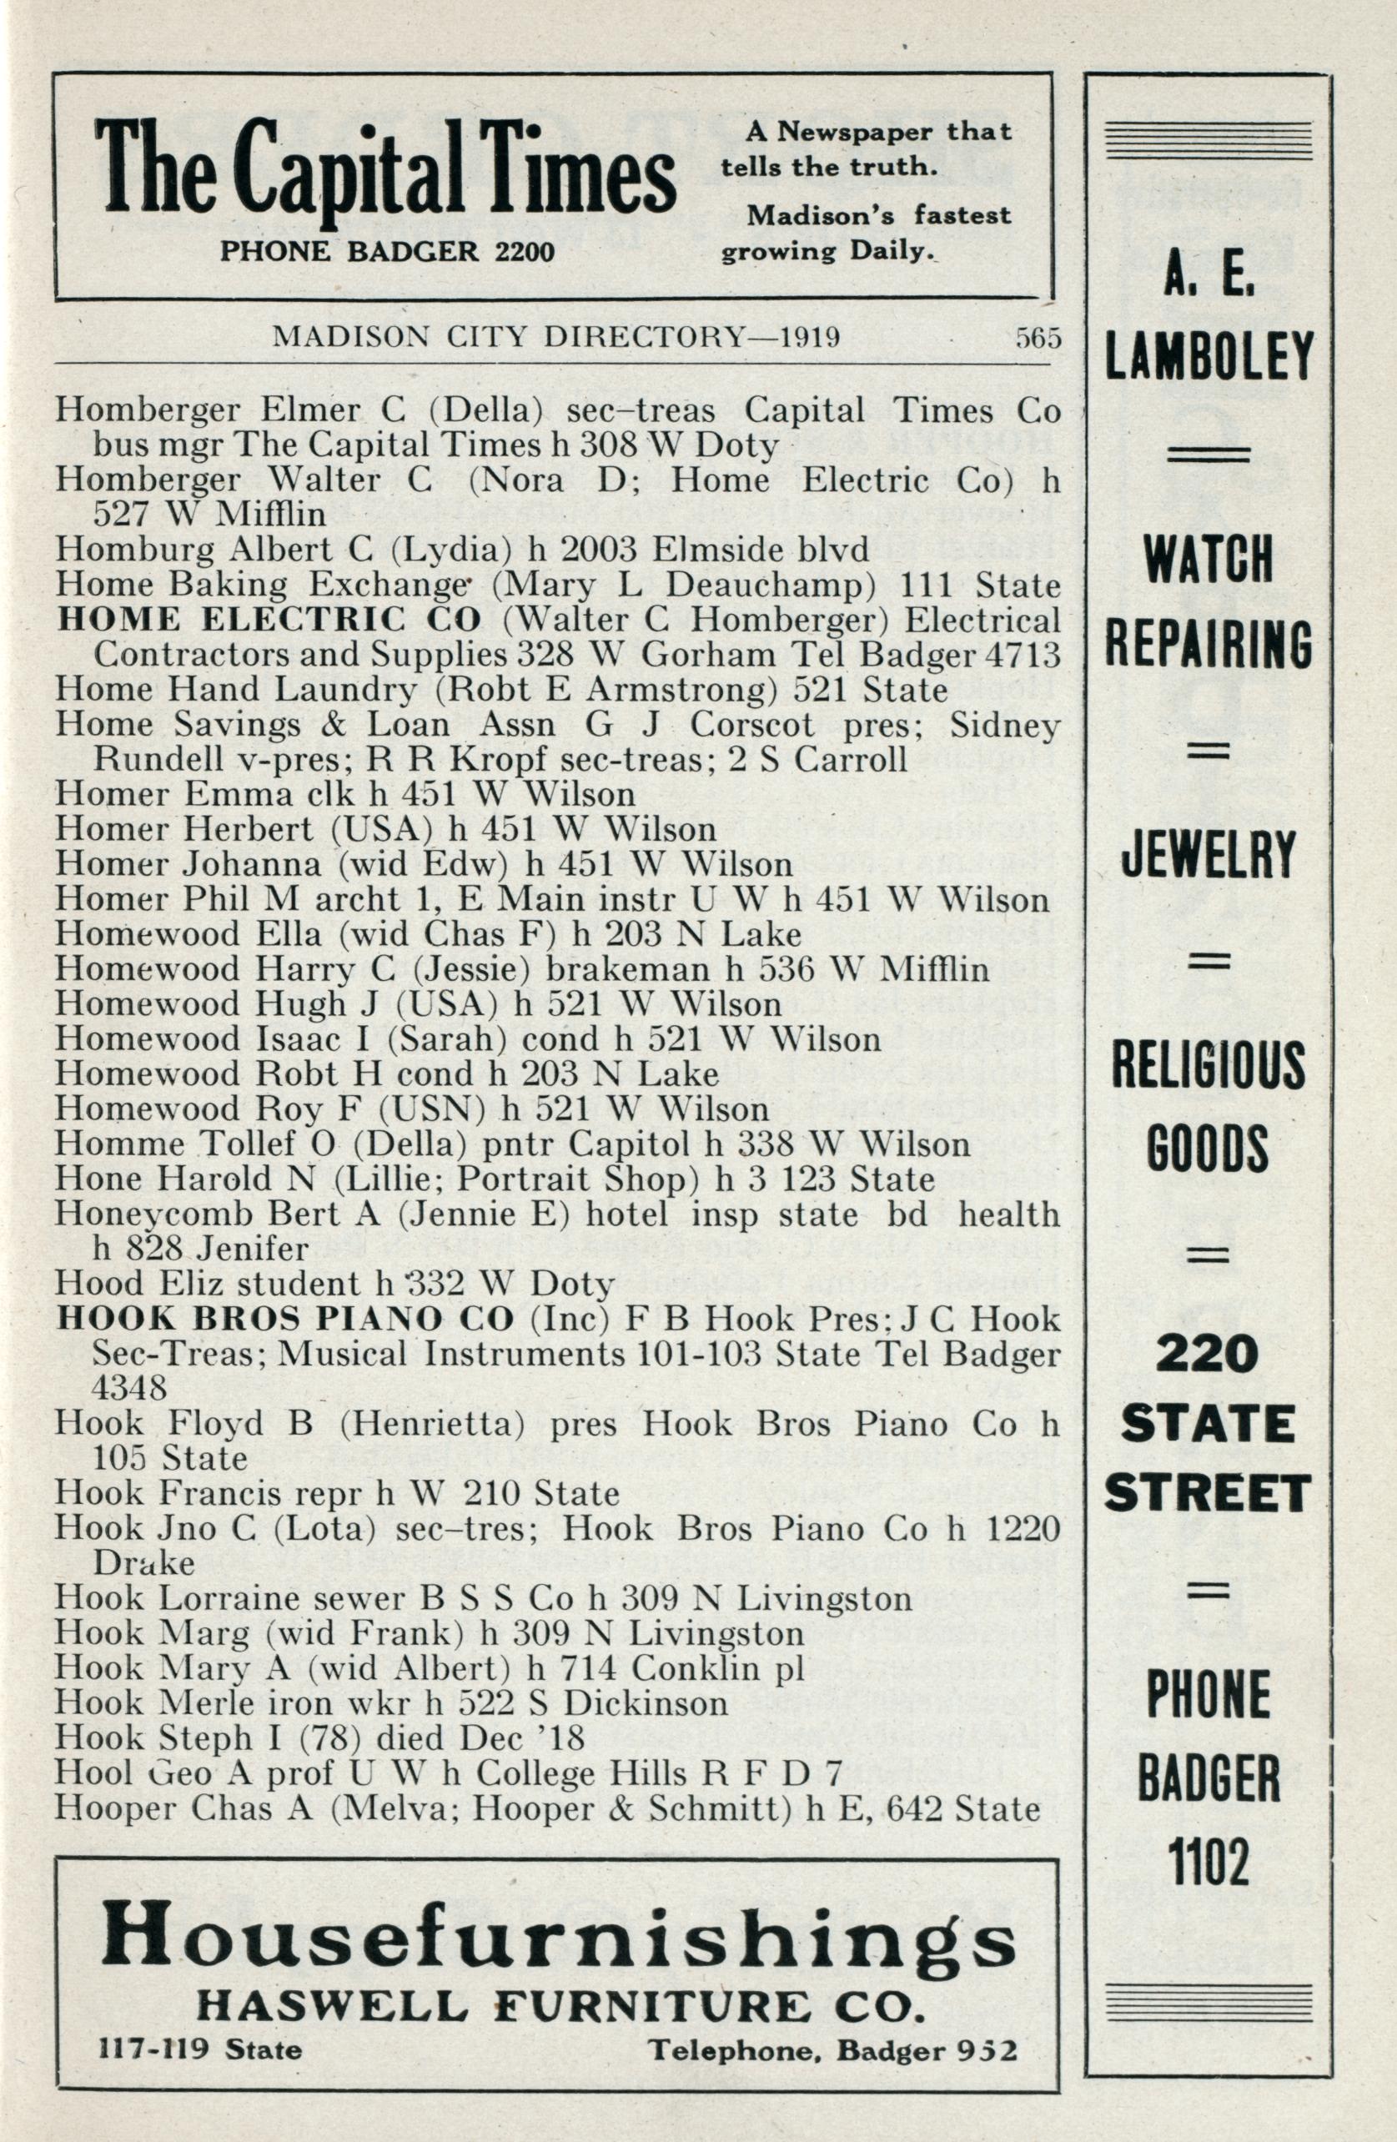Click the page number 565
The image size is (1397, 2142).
pyautogui.click(x=1038, y=339)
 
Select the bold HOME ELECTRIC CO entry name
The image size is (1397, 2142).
pyautogui.click(x=268, y=620)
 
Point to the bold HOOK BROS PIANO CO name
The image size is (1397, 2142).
pyautogui.click(x=284, y=1320)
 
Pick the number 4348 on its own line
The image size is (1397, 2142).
pyautogui.click(x=128, y=1387)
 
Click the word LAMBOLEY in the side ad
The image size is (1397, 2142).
pyautogui.click(x=1209, y=356)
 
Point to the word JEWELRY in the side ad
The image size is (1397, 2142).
pyautogui.click(x=1208, y=855)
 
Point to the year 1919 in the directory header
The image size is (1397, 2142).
pyautogui.click(x=810, y=338)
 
